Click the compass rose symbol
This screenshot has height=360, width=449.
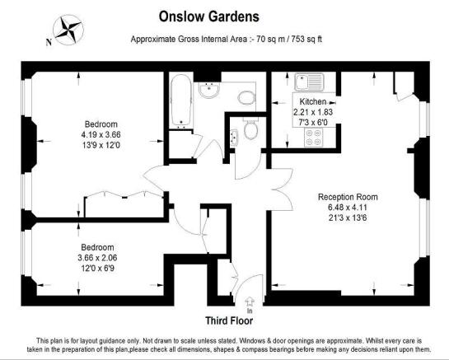[x=68, y=30]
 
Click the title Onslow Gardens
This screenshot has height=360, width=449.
[x=209, y=16]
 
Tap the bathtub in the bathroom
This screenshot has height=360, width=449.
[x=181, y=101]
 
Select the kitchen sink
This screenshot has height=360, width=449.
[x=309, y=82]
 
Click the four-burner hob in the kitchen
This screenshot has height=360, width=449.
[x=313, y=138]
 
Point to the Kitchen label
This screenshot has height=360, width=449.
[x=313, y=101]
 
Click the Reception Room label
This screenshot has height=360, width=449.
[x=348, y=197]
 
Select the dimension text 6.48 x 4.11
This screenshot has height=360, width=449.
[x=348, y=208]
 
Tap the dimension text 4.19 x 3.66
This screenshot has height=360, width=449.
[x=101, y=134]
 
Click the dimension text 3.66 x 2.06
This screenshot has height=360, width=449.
[x=97, y=258]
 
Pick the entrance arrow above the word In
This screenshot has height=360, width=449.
[x=250, y=302]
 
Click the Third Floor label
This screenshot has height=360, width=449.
[x=229, y=320]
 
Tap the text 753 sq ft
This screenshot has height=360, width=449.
[x=306, y=39]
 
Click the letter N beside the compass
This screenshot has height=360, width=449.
[x=49, y=42]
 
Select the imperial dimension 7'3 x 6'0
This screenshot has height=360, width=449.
[x=313, y=123]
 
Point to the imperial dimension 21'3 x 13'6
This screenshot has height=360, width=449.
[x=348, y=218]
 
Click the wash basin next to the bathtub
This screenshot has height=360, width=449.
[x=209, y=90]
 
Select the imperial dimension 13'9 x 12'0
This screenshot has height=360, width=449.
[x=101, y=145]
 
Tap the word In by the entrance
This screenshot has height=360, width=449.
[x=250, y=311]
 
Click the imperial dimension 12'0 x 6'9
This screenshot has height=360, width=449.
[x=97, y=269]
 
